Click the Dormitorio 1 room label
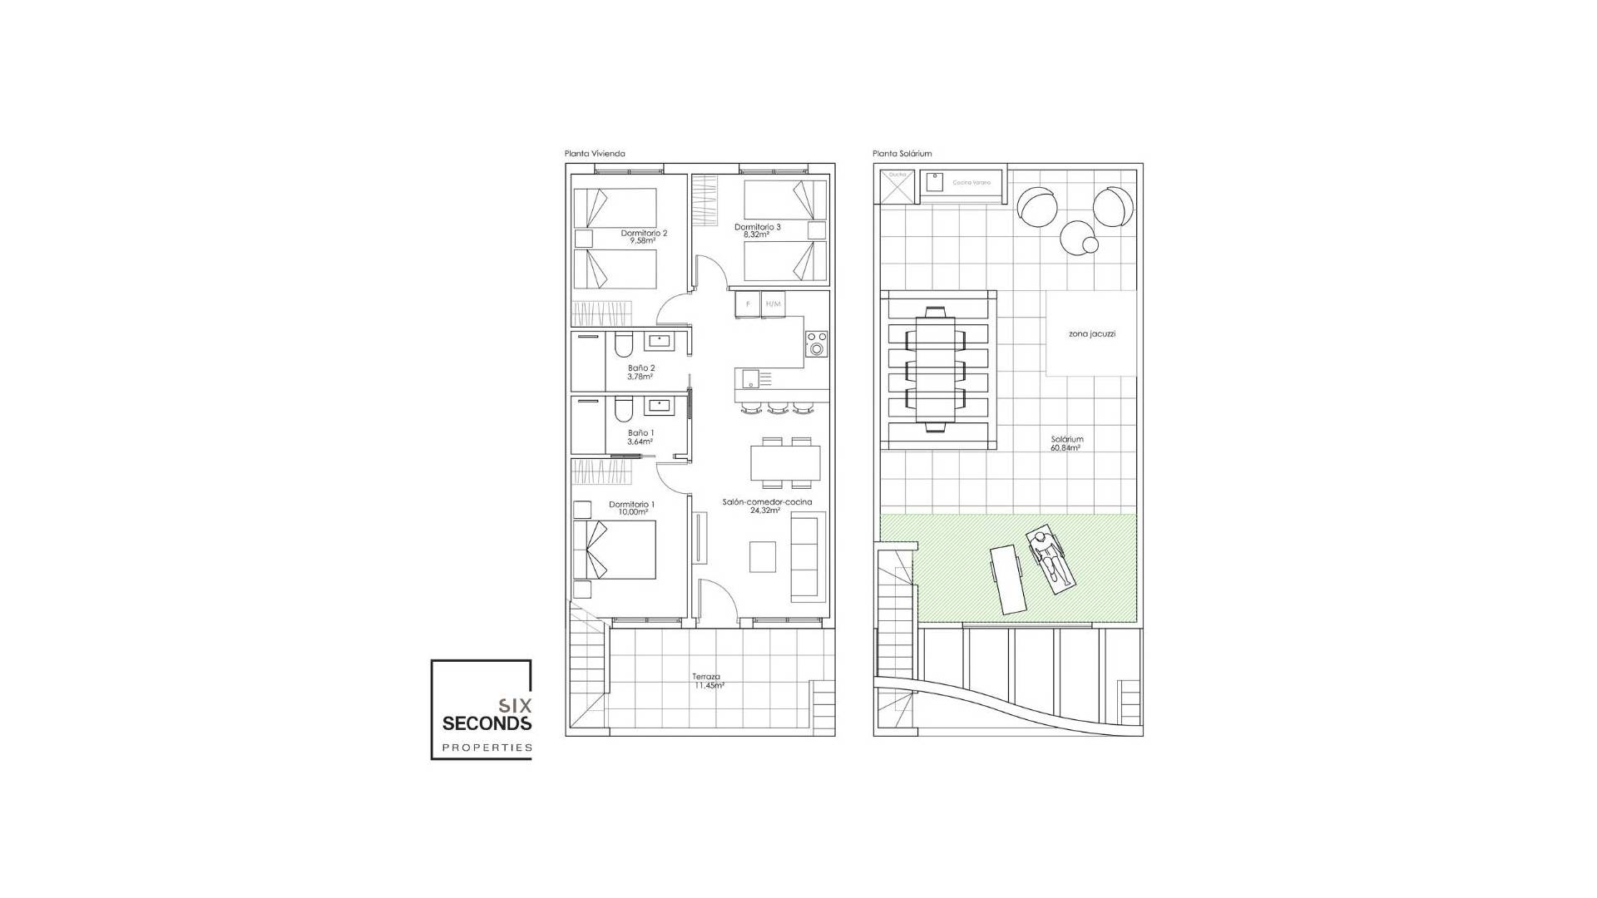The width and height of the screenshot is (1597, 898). pyautogui.click(x=631, y=508)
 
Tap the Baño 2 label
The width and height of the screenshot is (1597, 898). pyautogui.click(x=640, y=372)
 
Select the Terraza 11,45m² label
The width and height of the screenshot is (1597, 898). pyautogui.click(x=708, y=681)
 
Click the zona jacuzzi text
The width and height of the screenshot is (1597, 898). pyautogui.click(x=1091, y=334)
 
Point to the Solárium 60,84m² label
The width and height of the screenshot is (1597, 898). pyautogui.click(x=1066, y=443)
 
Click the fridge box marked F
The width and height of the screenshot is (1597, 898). pyautogui.click(x=748, y=304)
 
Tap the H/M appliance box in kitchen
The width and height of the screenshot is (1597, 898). pyautogui.click(x=773, y=304)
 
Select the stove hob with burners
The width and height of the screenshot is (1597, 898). pyautogui.click(x=816, y=343)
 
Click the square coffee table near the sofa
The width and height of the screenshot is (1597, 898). pyautogui.click(x=763, y=556)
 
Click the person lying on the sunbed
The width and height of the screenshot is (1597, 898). pyautogui.click(x=1051, y=558)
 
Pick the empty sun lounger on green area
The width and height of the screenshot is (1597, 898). pyautogui.click(x=1007, y=579)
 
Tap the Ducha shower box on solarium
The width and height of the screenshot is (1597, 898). pyautogui.click(x=897, y=186)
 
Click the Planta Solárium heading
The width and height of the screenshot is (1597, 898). pyautogui.click(x=902, y=154)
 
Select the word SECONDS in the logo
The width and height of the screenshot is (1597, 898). pyautogui.click(x=487, y=723)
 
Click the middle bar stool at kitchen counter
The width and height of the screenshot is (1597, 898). pyautogui.click(x=778, y=407)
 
